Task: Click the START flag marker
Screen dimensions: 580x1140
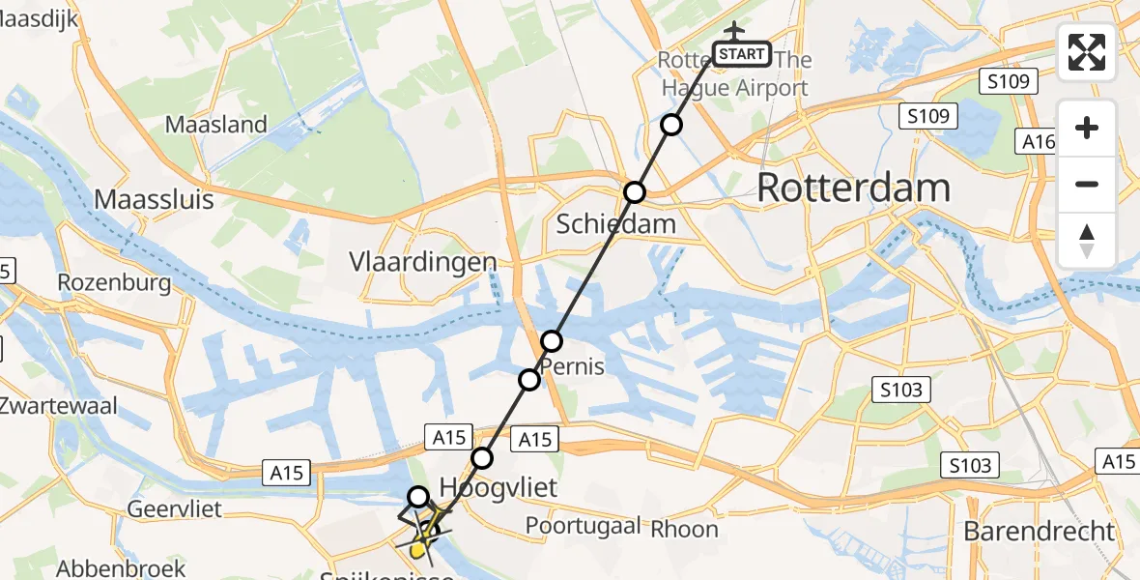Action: tap(741, 54)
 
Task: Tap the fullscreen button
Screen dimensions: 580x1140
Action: tap(1087, 52)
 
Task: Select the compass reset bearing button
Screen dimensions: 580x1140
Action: tap(1087, 241)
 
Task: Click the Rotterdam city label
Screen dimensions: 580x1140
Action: tap(853, 188)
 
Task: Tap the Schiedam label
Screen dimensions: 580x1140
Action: tap(615, 225)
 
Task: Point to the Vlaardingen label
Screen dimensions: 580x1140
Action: tap(422, 262)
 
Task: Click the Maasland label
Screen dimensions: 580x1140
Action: tap(215, 124)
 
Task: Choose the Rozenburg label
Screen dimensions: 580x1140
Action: tap(114, 283)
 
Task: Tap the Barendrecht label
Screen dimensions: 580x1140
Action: tap(1039, 531)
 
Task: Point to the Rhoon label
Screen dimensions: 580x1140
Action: tap(684, 529)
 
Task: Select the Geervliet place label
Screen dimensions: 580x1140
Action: tap(175, 508)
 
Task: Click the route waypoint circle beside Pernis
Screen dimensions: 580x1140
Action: tap(551, 341)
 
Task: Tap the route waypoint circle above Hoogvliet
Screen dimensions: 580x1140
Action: tap(481, 457)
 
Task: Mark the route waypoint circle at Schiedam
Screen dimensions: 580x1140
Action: tap(634, 192)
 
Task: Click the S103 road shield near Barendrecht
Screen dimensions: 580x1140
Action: tap(969, 466)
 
